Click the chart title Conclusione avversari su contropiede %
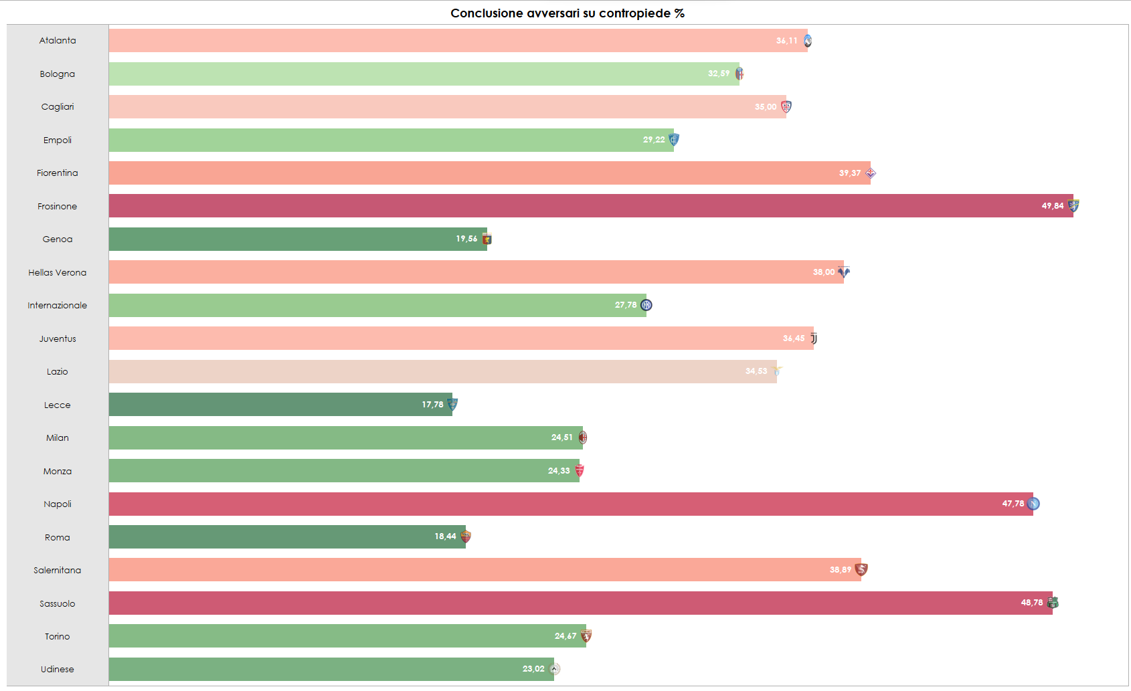[x=567, y=13]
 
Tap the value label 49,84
[x=1052, y=206]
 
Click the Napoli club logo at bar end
[x=1033, y=504]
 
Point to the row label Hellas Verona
[x=58, y=272]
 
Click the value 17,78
[x=432, y=405]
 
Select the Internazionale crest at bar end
[x=646, y=305]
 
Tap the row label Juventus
[x=58, y=338]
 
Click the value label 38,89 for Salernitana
[x=840, y=570]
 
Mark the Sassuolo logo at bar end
[x=1053, y=603]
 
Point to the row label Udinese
[x=58, y=669]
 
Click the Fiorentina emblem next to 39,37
[x=871, y=173]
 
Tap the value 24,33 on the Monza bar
[x=559, y=471]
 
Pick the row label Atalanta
[x=58, y=41]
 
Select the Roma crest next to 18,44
[x=466, y=536]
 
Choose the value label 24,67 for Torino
[x=565, y=636]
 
